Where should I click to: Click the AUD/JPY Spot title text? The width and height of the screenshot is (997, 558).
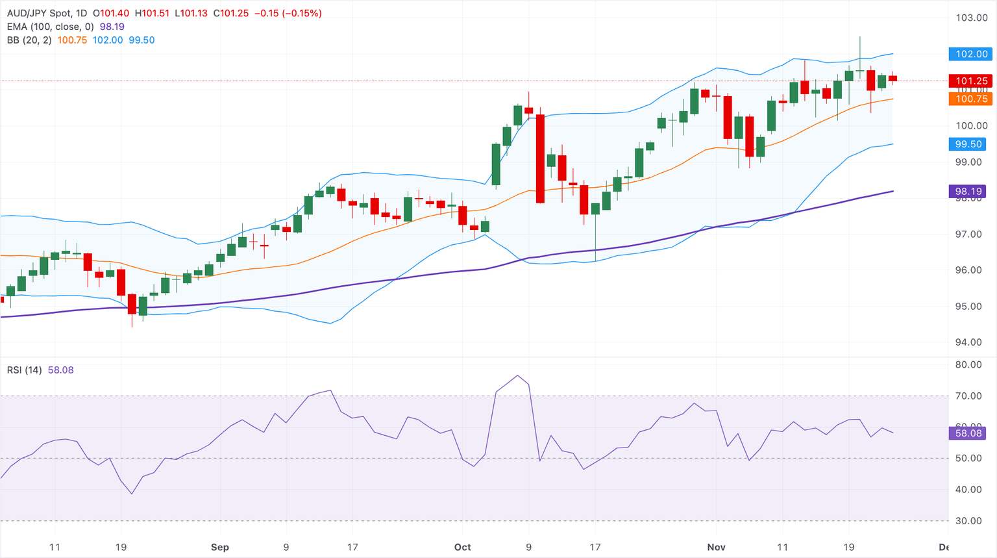47,13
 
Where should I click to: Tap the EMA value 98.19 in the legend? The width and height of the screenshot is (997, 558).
112,27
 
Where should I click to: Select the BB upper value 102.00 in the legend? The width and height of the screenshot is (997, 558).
107,40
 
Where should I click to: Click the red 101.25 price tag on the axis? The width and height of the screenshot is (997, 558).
971,81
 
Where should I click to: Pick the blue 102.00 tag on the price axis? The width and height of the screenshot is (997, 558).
971,54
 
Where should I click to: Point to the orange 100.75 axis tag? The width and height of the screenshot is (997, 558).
971,99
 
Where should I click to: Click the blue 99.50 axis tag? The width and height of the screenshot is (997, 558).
968,144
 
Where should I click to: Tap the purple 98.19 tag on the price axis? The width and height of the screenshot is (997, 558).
968,191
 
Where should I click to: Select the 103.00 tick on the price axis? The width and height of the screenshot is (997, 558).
971,18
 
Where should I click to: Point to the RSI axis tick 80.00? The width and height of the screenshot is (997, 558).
968,364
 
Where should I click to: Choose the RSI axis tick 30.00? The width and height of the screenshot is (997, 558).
968,520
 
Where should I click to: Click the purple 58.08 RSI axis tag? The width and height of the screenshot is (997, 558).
968,433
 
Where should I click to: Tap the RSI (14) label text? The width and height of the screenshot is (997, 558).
24,370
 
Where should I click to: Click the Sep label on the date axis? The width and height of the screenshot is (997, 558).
219,547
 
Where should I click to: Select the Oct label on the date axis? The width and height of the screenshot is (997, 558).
462,547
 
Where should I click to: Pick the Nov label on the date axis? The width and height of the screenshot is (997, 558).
716,547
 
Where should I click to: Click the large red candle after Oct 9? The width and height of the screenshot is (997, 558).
540,159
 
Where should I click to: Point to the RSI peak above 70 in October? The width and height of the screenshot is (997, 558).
517,375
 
